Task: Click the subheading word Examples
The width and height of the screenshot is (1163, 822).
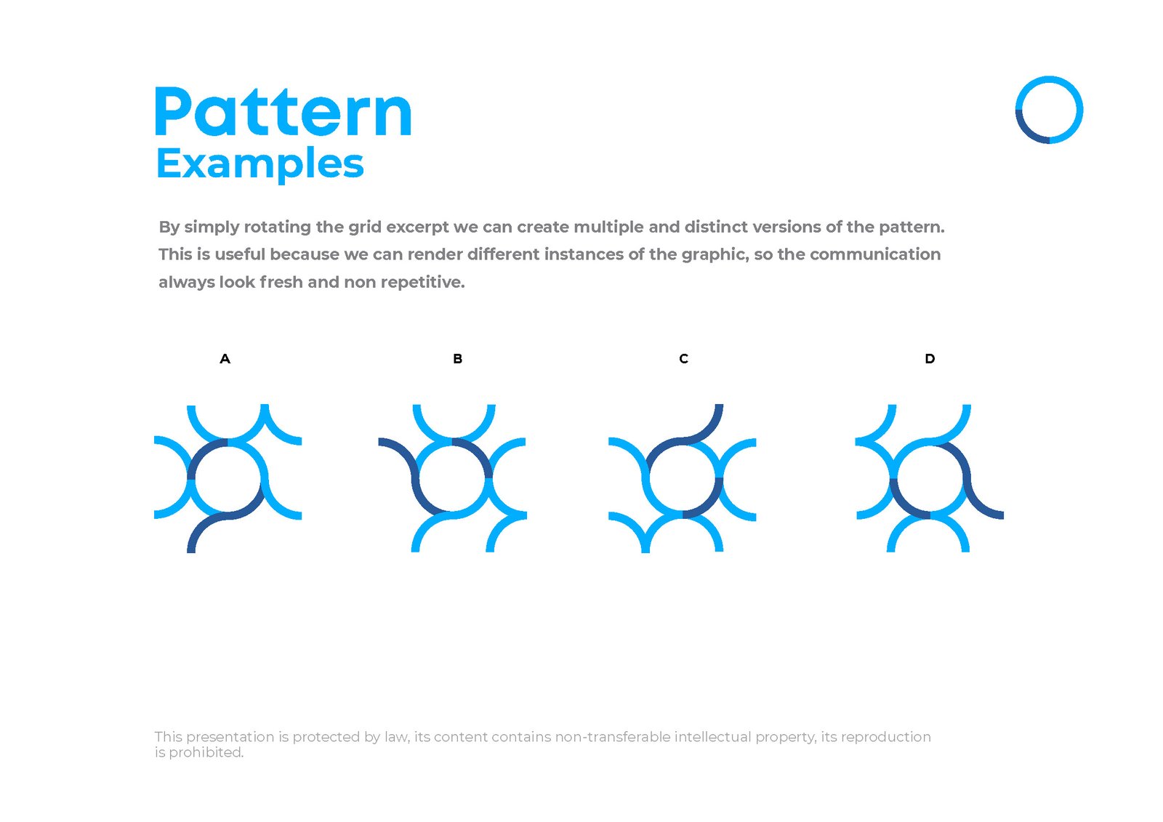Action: [259, 164]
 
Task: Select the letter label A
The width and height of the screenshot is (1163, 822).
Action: [225, 358]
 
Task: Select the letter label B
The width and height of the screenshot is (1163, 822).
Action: [457, 358]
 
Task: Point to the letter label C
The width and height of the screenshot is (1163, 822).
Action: [683, 358]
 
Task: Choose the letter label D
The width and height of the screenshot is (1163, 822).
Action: [930, 358]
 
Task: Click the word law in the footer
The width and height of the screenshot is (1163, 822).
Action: [396, 737]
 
